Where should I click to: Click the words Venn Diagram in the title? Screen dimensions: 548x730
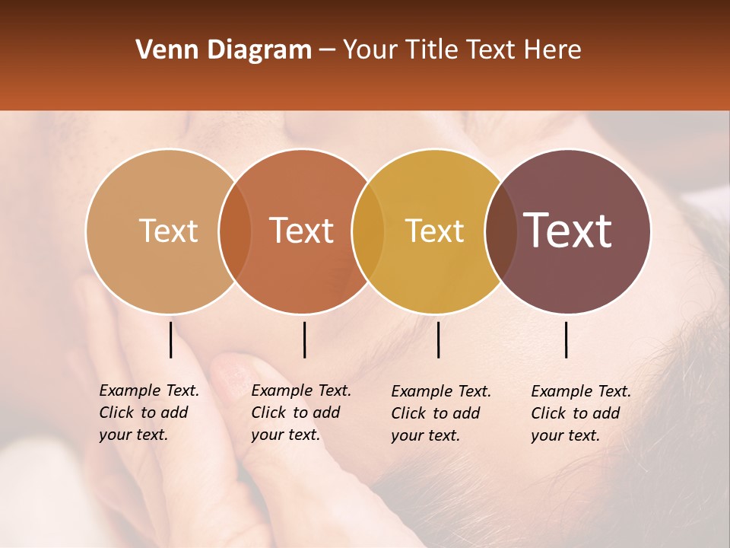coord(224,50)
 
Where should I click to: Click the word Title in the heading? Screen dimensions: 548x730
coord(431,50)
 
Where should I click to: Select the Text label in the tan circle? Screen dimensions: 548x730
coord(168,231)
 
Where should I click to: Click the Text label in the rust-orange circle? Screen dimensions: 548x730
coord(302,231)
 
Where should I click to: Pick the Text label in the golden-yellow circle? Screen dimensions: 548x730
coord(434,231)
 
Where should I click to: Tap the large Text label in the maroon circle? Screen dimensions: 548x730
coord(568,231)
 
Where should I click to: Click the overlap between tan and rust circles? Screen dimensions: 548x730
coord(235,231)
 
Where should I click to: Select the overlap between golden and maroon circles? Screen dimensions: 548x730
coord(498,231)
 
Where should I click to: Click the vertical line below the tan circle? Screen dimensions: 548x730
coord(171,339)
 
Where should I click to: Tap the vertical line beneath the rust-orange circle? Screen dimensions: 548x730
coord(304,339)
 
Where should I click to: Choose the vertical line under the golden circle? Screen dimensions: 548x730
coord(439,339)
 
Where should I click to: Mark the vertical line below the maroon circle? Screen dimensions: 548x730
coord(567,339)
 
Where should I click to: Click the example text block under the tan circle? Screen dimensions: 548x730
coord(148,413)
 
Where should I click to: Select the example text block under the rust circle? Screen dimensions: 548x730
coord(300,413)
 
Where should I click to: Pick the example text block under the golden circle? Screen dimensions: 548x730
coord(440,413)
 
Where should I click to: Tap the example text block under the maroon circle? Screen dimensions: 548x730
coord(580,413)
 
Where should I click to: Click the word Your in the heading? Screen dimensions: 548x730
coord(370,50)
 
